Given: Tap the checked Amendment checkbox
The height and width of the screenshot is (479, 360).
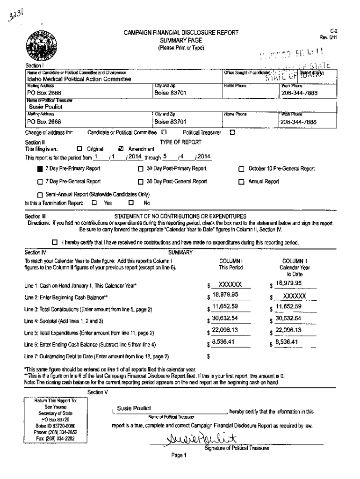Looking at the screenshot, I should pyautogui.click(x=122, y=149).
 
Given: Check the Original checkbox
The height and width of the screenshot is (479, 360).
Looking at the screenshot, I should pyautogui.click(x=79, y=149).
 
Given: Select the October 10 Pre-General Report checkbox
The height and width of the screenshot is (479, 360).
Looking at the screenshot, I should pyautogui.click(x=242, y=169).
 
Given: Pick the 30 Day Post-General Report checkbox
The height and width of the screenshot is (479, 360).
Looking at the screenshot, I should pyautogui.click(x=140, y=181).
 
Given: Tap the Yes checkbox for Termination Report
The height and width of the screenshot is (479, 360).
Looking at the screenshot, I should pyautogui.click(x=94, y=203).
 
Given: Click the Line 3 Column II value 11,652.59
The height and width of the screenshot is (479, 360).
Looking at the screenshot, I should pyautogui.click(x=289, y=306).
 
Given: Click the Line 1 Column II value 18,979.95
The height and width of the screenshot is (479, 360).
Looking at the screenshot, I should pyautogui.click(x=289, y=283).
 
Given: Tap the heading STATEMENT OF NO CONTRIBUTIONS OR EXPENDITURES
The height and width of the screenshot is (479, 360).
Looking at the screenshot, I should pyautogui.click(x=180, y=216).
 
